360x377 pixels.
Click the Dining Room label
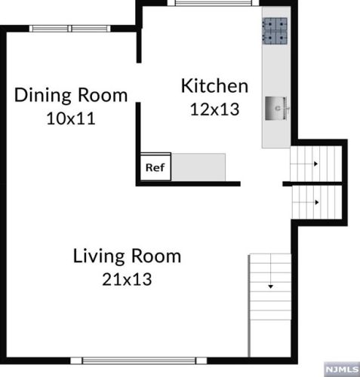(71, 95)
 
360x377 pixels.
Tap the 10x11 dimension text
(71, 118)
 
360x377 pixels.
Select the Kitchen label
(214, 86)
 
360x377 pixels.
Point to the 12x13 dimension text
(214, 109)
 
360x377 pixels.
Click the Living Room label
(127, 256)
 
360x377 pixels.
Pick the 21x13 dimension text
(127, 279)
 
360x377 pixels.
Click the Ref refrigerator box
(155, 167)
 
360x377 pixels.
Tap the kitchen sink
(276, 109)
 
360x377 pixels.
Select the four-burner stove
(275, 31)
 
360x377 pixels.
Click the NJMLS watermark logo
(342, 369)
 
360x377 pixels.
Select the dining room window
(70, 29)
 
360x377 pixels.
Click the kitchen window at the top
(214, 3)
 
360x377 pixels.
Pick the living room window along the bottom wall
(139, 360)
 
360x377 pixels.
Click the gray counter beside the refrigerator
(198, 167)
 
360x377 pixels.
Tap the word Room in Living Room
(156, 256)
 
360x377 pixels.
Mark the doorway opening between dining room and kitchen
(138, 83)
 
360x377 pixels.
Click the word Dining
(42, 96)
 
